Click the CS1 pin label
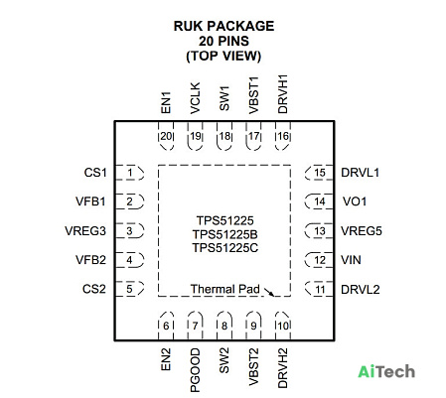point(95,173)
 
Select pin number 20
point(166,136)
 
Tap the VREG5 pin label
point(362,230)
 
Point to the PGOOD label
point(196,370)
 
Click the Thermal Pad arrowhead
point(271,294)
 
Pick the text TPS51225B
point(225,234)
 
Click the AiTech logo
point(386,371)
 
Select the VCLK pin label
point(196,98)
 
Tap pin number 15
point(320,173)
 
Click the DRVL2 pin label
point(361,290)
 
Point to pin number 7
point(195,326)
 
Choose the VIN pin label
point(351,260)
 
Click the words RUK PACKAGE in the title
point(223,26)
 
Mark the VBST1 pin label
point(253,95)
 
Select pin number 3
point(129,230)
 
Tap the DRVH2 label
point(283,367)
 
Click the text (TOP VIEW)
point(223,56)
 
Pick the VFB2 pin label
point(90,260)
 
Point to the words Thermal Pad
point(225,289)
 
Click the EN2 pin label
point(166,359)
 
